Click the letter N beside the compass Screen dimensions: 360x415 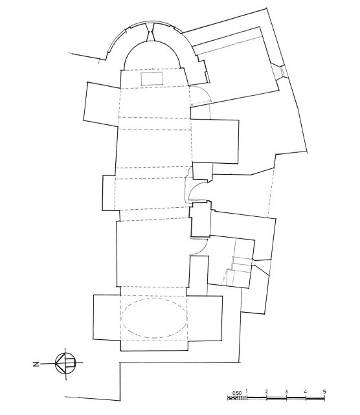click(36, 365)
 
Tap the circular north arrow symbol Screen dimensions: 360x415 click(65, 363)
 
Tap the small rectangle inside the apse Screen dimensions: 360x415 click(152, 78)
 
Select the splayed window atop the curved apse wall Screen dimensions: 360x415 click(150, 32)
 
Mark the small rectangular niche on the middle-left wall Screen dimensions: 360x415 click(109, 193)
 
